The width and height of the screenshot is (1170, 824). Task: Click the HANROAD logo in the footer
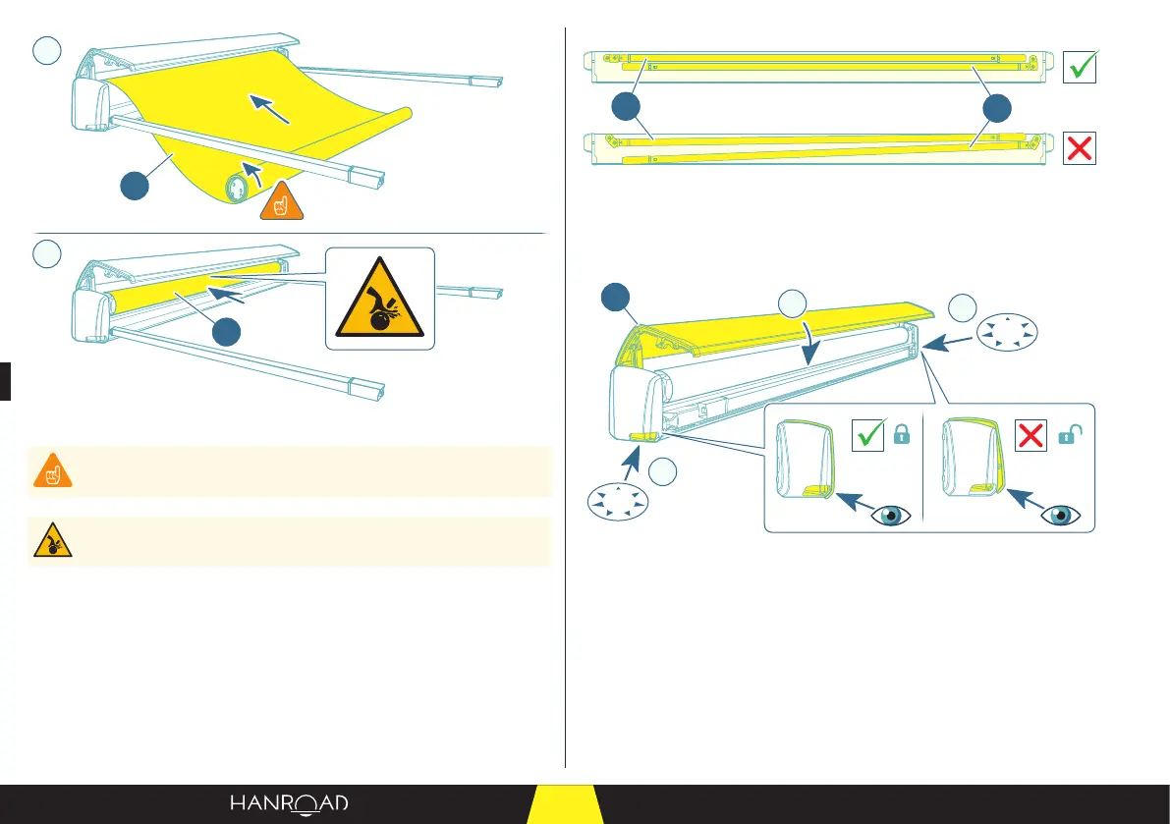tap(289, 803)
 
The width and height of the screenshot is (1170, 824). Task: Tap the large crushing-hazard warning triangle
tap(380, 299)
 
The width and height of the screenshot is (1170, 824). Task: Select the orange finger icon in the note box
tap(48, 472)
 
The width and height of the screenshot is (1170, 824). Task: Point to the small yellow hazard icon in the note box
tap(48, 541)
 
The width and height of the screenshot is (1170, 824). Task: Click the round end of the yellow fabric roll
tap(238, 187)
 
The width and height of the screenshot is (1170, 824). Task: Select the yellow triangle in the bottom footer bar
tap(565, 804)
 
